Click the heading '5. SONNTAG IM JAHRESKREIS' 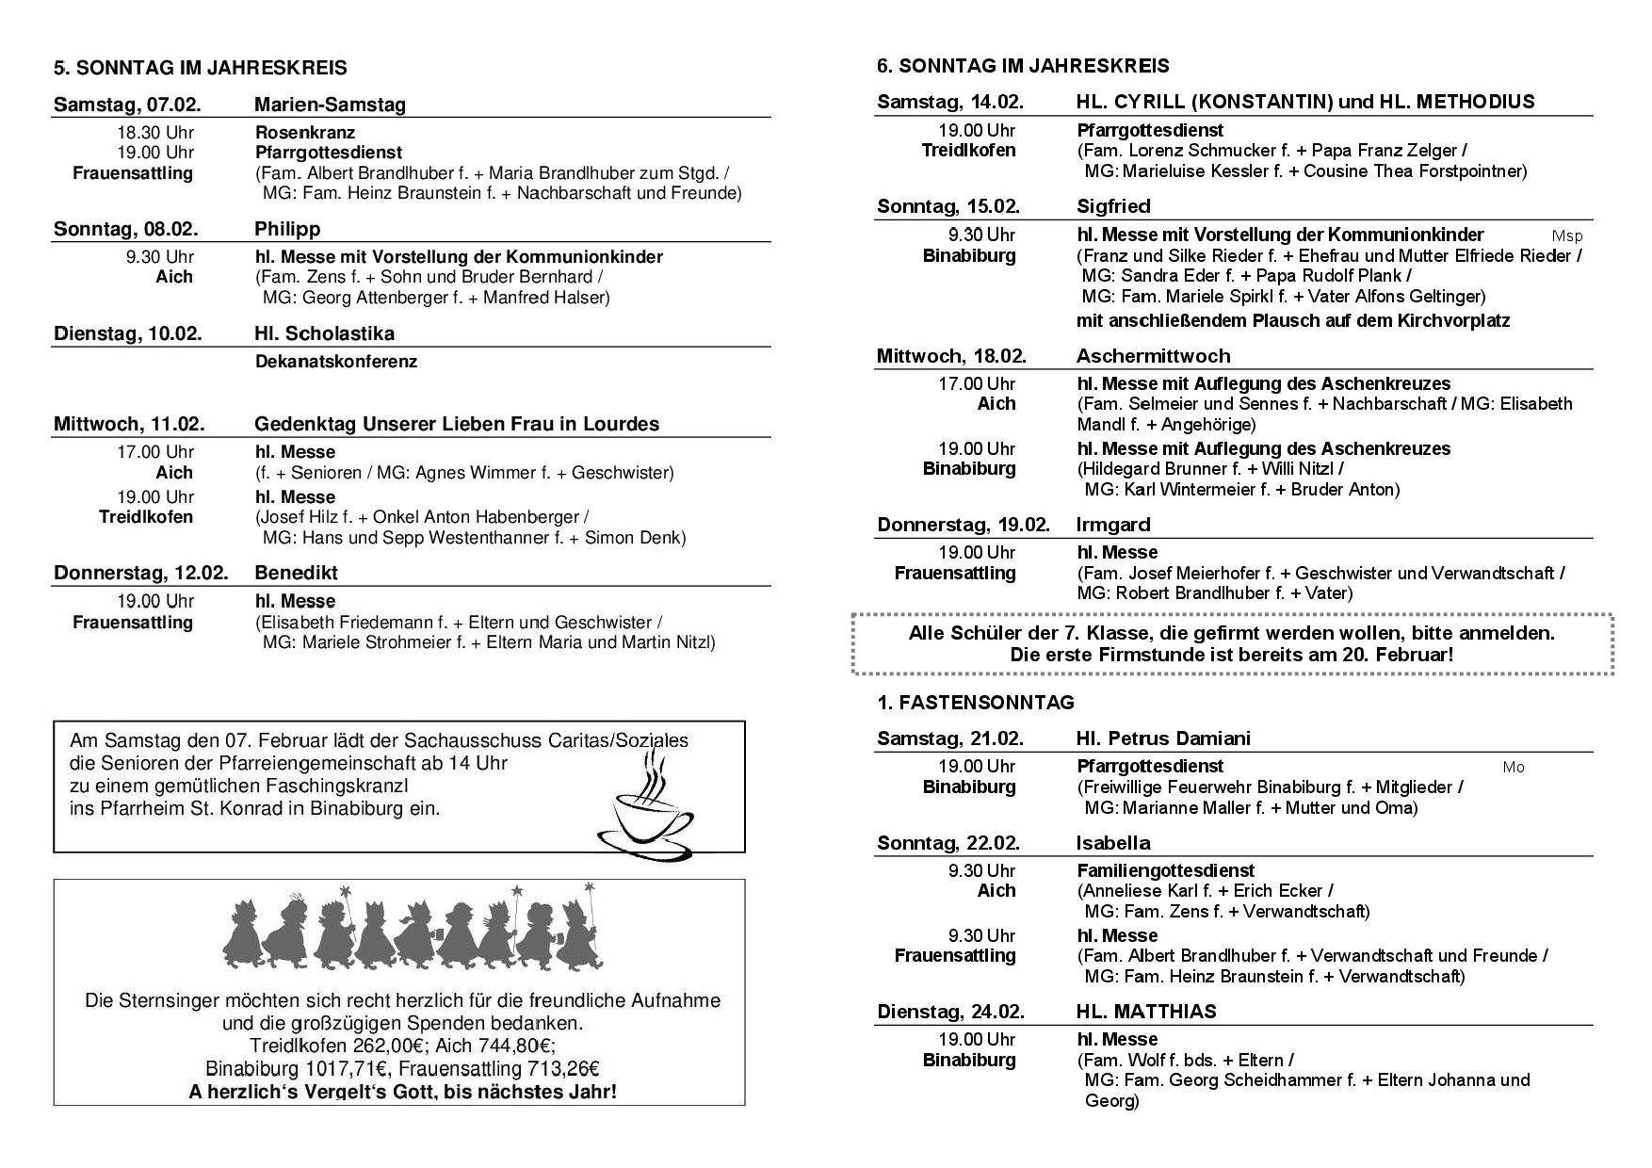[x=200, y=68]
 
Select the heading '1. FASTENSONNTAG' [x=975, y=703]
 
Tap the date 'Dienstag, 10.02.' [x=127, y=333]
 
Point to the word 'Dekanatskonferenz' [x=335, y=362]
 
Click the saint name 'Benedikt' [x=296, y=573]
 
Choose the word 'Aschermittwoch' [x=1153, y=356]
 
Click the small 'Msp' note [x=1566, y=236]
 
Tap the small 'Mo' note [x=1513, y=768]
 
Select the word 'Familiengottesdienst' [x=1165, y=870]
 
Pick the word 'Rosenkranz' [x=305, y=133]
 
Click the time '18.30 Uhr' [x=155, y=133]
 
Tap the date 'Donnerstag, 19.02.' [x=963, y=525]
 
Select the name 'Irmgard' [x=1113, y=525]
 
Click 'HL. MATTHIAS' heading [x=1146, y=1012]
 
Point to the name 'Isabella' [x=1113, y=843]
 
